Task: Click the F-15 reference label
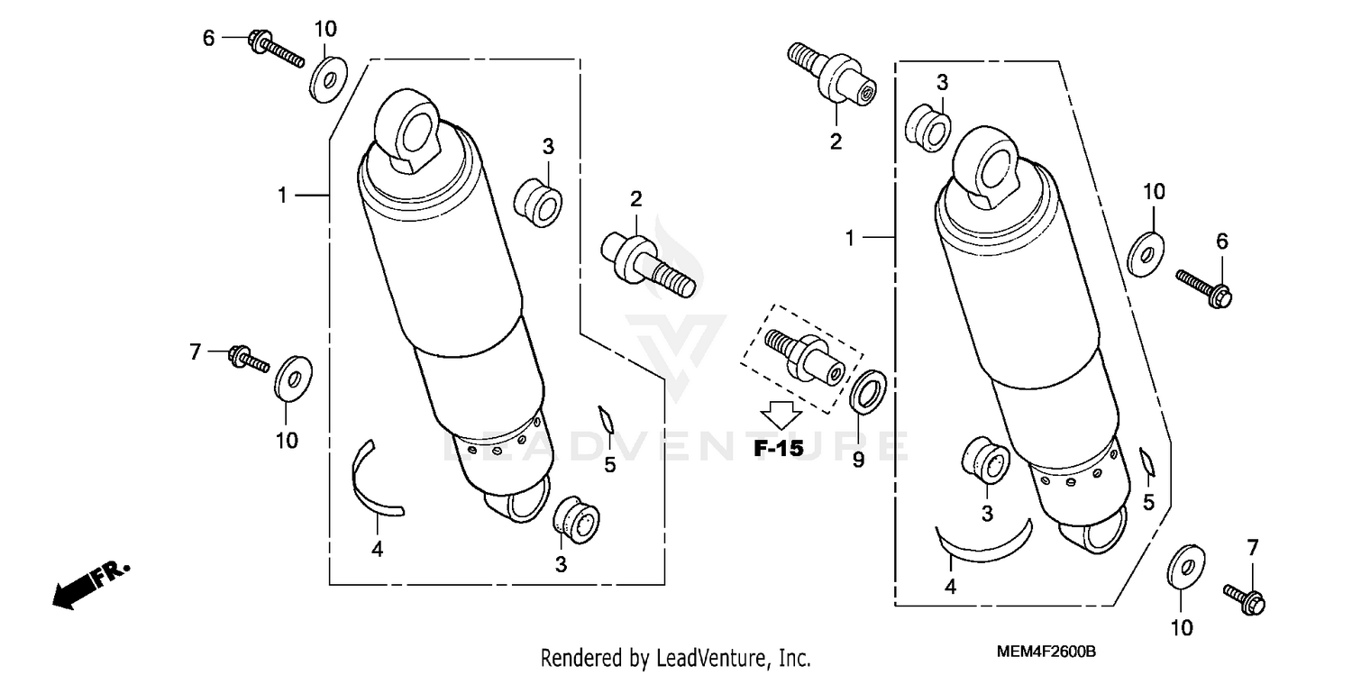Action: click(779, 448)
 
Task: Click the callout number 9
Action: click(858, 460)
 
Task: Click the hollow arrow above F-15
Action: click(779, 415)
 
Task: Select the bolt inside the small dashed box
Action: click(802, 352)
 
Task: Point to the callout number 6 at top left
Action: click(208, 38)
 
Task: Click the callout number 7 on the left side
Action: click(195, 351)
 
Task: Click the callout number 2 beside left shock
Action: click(635, 199)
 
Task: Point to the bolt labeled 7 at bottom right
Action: click(1245, 599)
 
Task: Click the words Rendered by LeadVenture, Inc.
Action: click(676, 658)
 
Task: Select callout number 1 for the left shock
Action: click(282, 195)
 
